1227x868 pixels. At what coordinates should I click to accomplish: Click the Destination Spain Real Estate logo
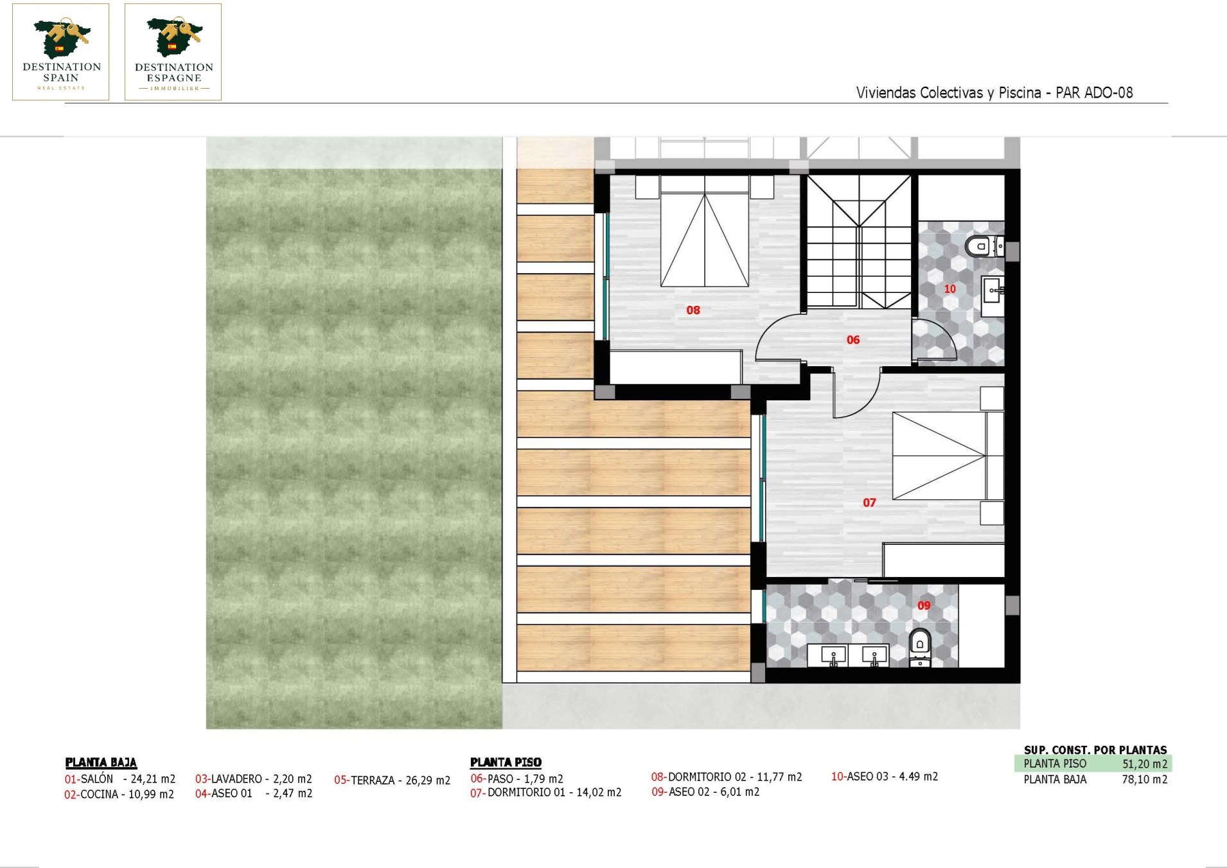pos(61,52)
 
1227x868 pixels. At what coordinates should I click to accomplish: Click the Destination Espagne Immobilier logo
pos(173,52)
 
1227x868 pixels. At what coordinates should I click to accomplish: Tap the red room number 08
pos(693,310)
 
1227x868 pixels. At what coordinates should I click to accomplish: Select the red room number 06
pos(853,340)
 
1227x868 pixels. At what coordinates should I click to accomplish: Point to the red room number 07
pos(869,502)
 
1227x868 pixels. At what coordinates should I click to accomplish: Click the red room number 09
pos(924,605)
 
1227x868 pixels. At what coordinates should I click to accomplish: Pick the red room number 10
pos(949,289)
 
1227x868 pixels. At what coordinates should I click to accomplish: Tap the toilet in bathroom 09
pos(920,648)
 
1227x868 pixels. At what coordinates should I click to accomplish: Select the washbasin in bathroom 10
pos(993,296)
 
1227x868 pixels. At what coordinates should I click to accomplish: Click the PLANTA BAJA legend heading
pos(101,763)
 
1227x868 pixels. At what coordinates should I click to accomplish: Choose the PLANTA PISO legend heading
pos(506,763)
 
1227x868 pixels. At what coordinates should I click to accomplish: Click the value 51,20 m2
pos(1145,764)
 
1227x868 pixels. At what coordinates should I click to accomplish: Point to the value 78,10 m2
pos(1145,779)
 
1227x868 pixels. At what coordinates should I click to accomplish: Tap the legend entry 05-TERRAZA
pos(392,780)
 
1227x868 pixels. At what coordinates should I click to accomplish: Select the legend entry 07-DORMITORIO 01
pos(545,793)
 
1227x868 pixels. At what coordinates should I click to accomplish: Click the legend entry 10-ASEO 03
pos(885,777)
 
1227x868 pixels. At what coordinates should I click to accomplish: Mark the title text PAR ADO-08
pos(1094,93)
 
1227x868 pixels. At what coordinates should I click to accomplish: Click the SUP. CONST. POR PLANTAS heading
pos(1095,750)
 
